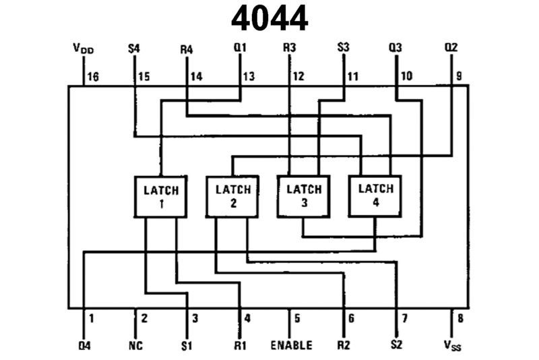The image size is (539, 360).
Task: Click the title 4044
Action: pos(269,20)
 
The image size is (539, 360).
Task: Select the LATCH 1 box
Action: pos(161,196)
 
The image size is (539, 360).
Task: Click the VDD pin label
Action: pos(83,49)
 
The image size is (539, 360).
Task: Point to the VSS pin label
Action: pos(452,346)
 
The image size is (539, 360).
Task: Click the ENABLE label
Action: pos(291,346)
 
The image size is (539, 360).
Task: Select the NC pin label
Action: pos(135,346)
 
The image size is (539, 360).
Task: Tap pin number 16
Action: pos(92,77)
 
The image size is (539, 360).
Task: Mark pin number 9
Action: pos(459,77)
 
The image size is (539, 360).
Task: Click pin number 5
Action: pos(297,318)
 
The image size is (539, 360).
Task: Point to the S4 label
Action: pos(134,49)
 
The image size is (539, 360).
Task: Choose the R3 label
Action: pos(290,49)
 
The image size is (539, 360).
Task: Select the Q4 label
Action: pos(84,346)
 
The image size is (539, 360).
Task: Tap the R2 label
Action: pos(344,346)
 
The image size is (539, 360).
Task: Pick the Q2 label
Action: pos(451,49)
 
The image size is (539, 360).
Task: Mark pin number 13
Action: pos(249,77)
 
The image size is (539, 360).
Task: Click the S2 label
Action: pos(398,346)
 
